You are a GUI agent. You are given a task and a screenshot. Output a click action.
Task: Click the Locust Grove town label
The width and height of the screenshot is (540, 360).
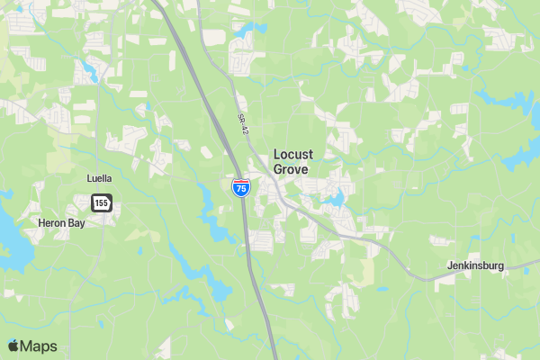coord(293,161)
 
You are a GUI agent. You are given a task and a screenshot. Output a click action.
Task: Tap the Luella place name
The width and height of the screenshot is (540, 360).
coord(99,178)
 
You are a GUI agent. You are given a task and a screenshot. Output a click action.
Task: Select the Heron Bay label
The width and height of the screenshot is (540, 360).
coord(61,222)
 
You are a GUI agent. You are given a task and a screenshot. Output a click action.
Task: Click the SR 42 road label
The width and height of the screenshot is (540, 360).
coord(243,124)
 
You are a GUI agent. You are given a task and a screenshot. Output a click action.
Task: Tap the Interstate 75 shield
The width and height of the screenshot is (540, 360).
coord(241,187)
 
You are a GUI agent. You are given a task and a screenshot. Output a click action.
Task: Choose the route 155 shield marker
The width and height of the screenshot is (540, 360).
coord(101,203)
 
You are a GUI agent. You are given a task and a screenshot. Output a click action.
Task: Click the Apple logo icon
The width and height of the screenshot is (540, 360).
coord(13,346)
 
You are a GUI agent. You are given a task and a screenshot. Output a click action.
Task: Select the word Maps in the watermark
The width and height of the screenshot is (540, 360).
coord(40,346)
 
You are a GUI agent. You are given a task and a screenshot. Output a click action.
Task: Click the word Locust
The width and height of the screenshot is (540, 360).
coord(293,155)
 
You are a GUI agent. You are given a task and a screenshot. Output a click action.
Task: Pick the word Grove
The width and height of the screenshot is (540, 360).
coord(291,169)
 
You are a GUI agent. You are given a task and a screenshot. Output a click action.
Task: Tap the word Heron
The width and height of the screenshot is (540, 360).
coord(52,222)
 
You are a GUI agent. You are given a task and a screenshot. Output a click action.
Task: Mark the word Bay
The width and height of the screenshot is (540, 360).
coord(76,222)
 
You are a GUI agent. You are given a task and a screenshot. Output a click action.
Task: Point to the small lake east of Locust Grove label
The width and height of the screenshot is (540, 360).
coord(337,197)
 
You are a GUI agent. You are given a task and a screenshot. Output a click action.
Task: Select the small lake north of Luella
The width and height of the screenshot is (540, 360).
coord(90,68)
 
